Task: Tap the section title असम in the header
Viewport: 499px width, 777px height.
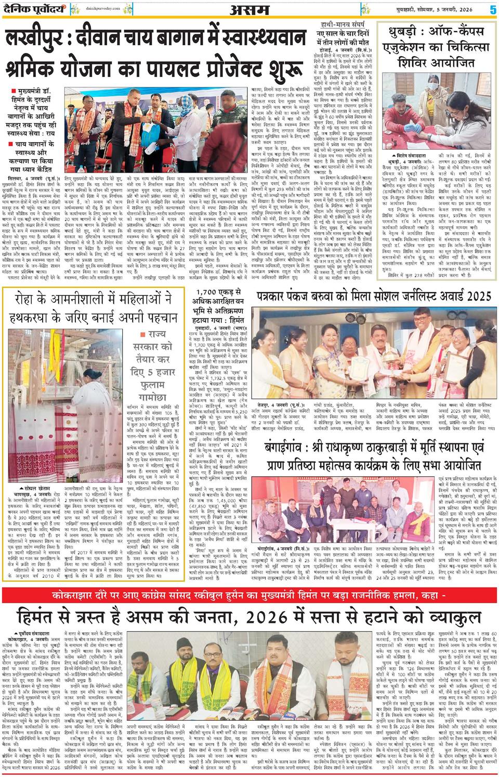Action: pyautogui.click(x=249, y=9)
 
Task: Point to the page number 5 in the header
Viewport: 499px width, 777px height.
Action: pyautogui.click(x=492, y=9)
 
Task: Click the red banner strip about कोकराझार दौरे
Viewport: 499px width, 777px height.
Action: pyautogui.click(x=249, y=595)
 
